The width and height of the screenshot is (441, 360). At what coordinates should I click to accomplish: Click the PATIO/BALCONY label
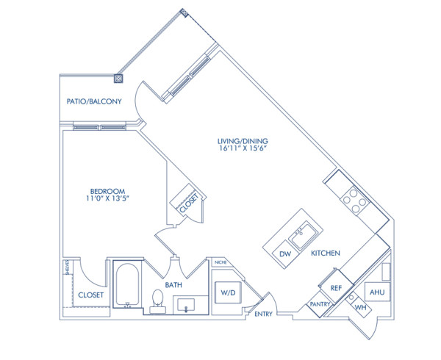[x=94, y=101]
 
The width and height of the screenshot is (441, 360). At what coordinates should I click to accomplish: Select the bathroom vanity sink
[x=190, y=305]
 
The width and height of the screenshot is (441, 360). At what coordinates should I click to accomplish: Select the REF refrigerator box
[x=337, y=288]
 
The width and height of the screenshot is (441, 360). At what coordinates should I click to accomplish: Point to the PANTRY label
[x=320, y=303]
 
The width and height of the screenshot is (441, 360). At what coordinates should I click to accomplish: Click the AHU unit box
[x=377, y=292]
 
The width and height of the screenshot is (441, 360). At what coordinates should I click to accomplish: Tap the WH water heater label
[x=360, y=306]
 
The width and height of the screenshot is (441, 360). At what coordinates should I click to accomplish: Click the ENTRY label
[x=264, y=314]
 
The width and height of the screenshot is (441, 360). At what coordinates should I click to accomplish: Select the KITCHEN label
[x=325, y=253]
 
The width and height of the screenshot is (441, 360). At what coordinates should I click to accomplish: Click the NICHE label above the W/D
[x=220, y=262]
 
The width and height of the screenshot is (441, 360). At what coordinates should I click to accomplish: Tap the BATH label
[x=173, y=284]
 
